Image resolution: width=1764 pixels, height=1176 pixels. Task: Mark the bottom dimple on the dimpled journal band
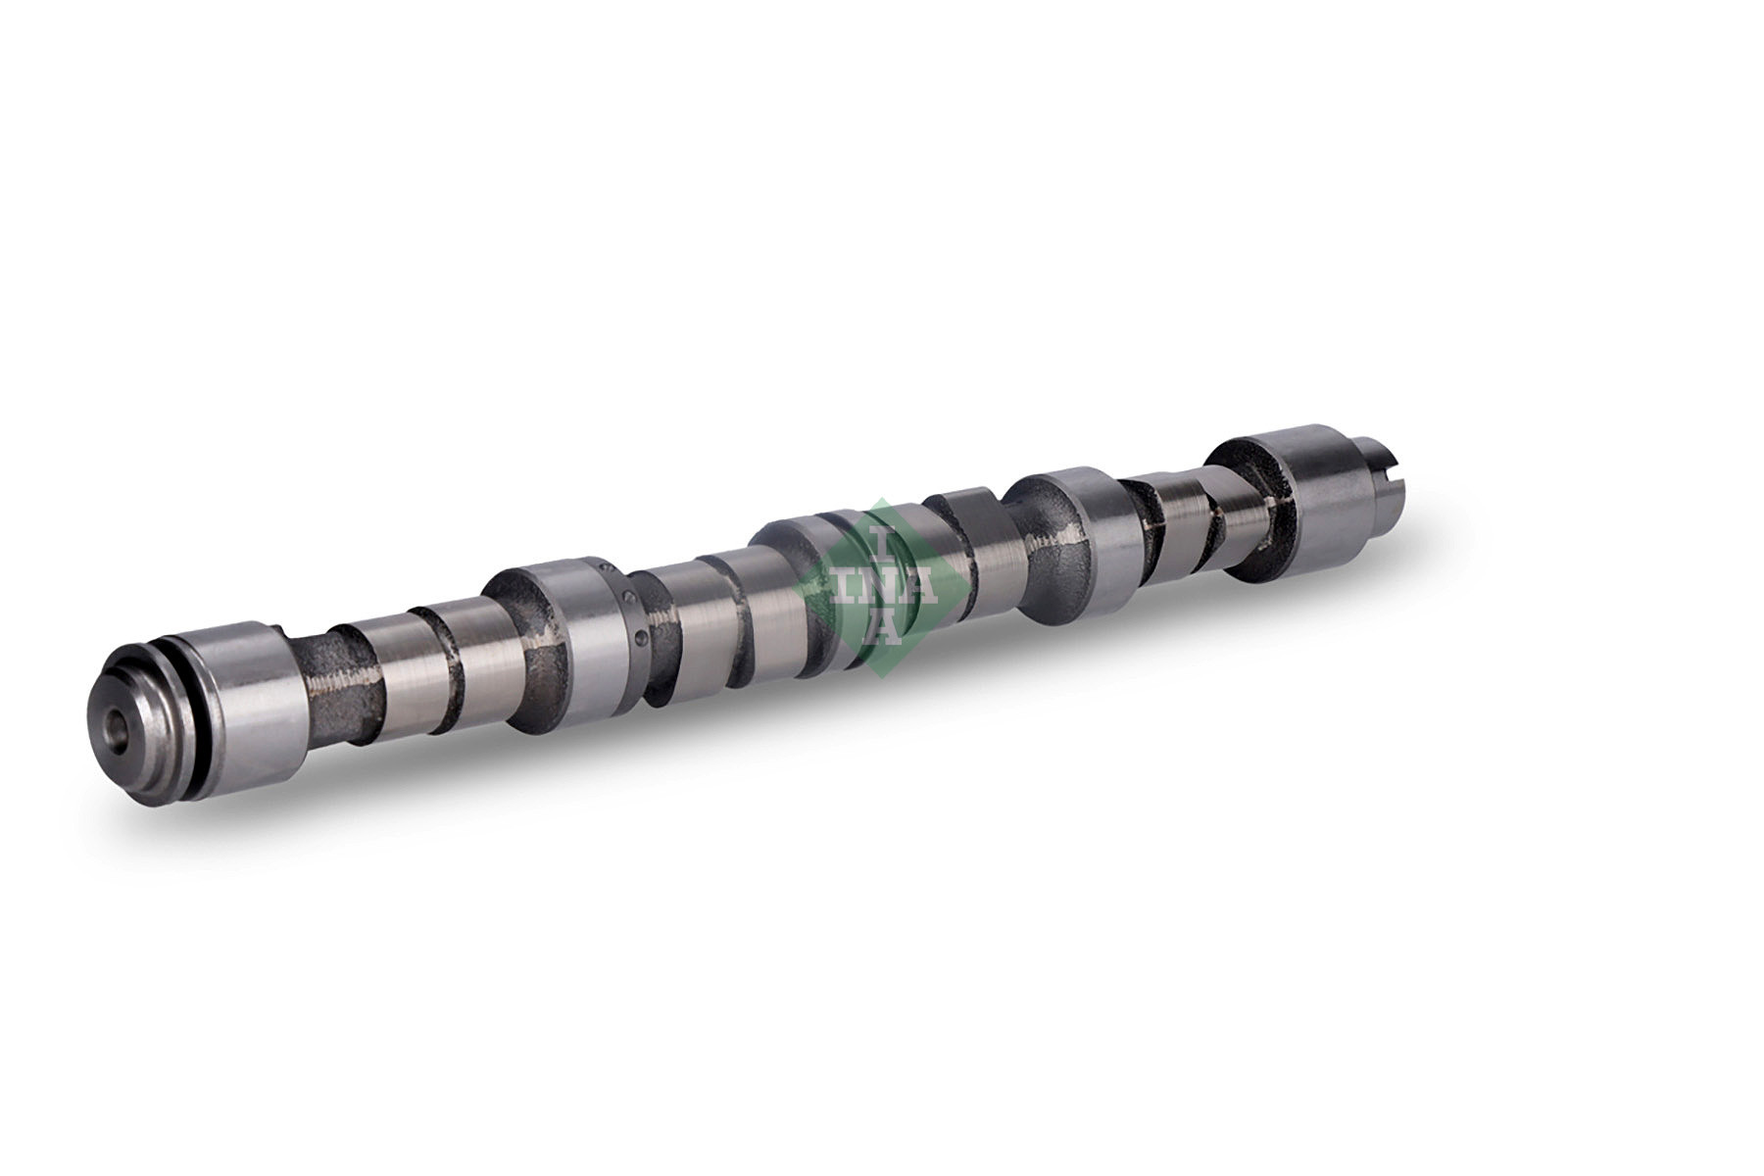[x=639, y=639]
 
